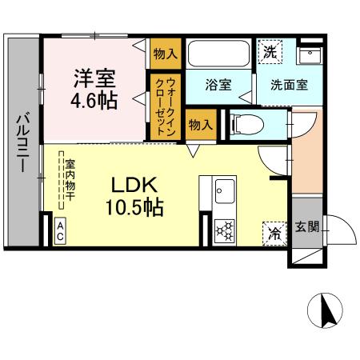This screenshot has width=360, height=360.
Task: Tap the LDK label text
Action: [134, 184]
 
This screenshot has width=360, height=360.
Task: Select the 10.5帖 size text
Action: [134, 207]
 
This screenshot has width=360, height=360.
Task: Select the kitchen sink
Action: [224, 191]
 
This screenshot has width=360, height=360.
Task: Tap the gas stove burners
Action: [225, 231]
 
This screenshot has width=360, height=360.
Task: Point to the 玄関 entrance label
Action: [306, 226]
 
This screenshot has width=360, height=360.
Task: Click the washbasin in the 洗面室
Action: [309, 54]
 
